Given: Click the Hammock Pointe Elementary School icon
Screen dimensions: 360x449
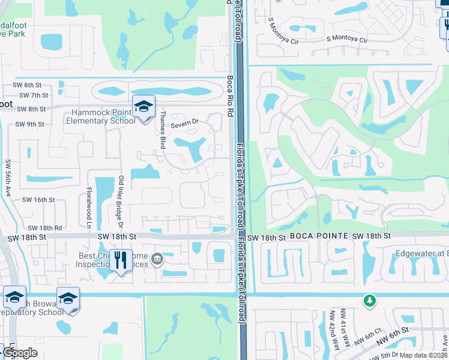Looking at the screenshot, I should point(143,107).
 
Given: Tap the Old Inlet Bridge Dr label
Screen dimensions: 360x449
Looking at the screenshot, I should point(121,202).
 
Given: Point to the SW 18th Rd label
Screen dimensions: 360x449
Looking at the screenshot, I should point(45,228).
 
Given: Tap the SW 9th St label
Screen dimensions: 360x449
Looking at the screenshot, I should point(29,124).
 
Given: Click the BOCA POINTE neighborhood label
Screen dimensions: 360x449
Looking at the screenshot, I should point(319,238).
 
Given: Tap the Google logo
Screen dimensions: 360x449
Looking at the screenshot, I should point(20,353).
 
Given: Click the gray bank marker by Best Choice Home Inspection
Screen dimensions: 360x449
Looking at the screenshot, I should point(157,259).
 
